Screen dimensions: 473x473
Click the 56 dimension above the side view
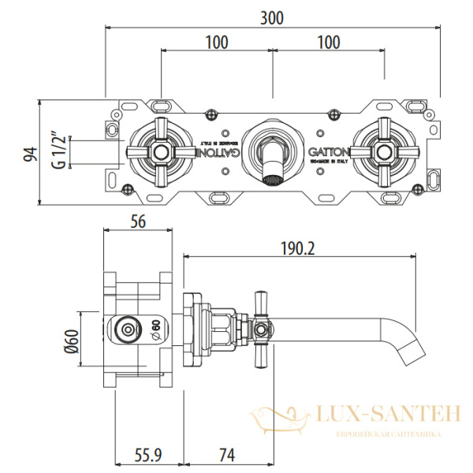[138, 222]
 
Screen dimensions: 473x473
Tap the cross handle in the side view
[262, 327]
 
